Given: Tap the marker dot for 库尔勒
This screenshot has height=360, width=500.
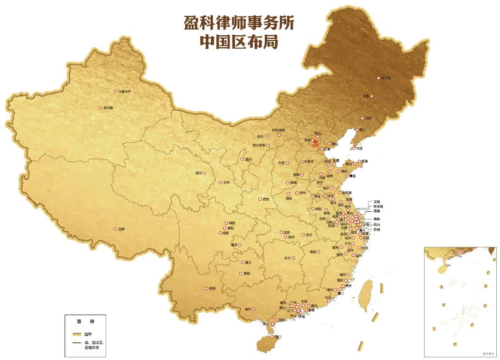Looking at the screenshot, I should pos(100,107).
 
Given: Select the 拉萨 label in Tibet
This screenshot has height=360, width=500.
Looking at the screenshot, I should pos(122,229).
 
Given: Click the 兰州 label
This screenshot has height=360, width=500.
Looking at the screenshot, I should pos(226,183).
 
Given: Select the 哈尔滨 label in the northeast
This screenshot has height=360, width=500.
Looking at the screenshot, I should pos(386,78).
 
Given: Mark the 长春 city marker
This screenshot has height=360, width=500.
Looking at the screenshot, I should pos(371,96).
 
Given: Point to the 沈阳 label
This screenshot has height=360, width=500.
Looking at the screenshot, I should pos(368,119).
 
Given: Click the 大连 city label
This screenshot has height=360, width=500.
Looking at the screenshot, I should pos(360,148).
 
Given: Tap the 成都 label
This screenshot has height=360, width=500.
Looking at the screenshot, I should pos(225,233).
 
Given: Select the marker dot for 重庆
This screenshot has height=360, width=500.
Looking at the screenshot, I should pos(239,245).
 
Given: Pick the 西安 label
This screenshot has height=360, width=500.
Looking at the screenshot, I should pos(266,199).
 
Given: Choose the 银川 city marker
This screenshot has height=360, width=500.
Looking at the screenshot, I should pos(241,159).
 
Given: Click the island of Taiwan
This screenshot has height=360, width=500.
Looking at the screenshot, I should pos(366,294).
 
